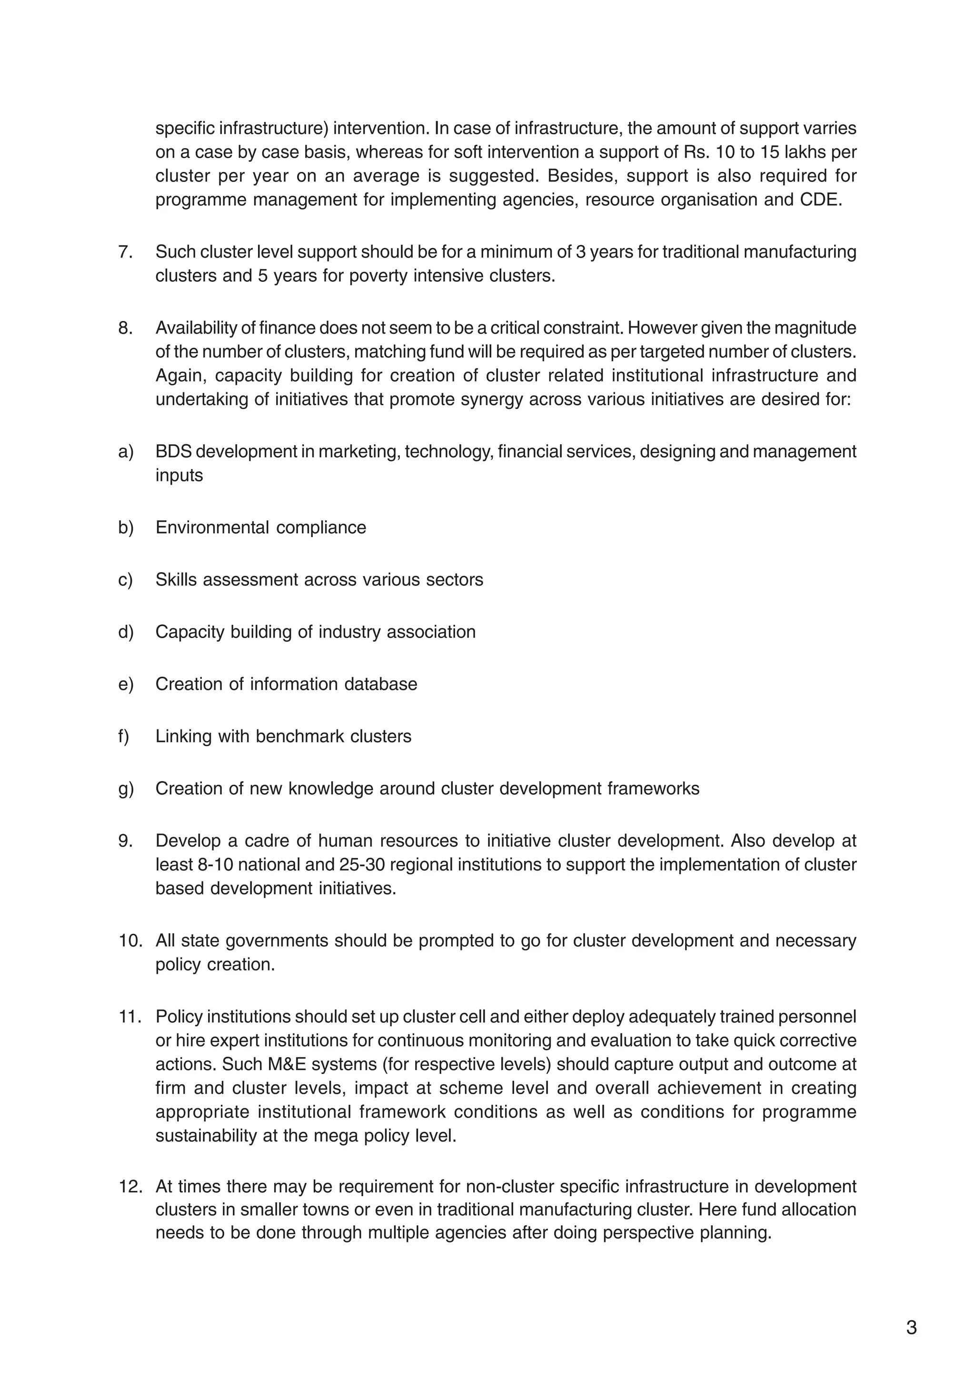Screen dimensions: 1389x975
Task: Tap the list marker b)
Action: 125,528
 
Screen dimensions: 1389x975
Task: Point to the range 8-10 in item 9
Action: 215,865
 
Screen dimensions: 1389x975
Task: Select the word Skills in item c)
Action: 177,580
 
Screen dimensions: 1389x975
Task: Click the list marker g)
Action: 125,789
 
